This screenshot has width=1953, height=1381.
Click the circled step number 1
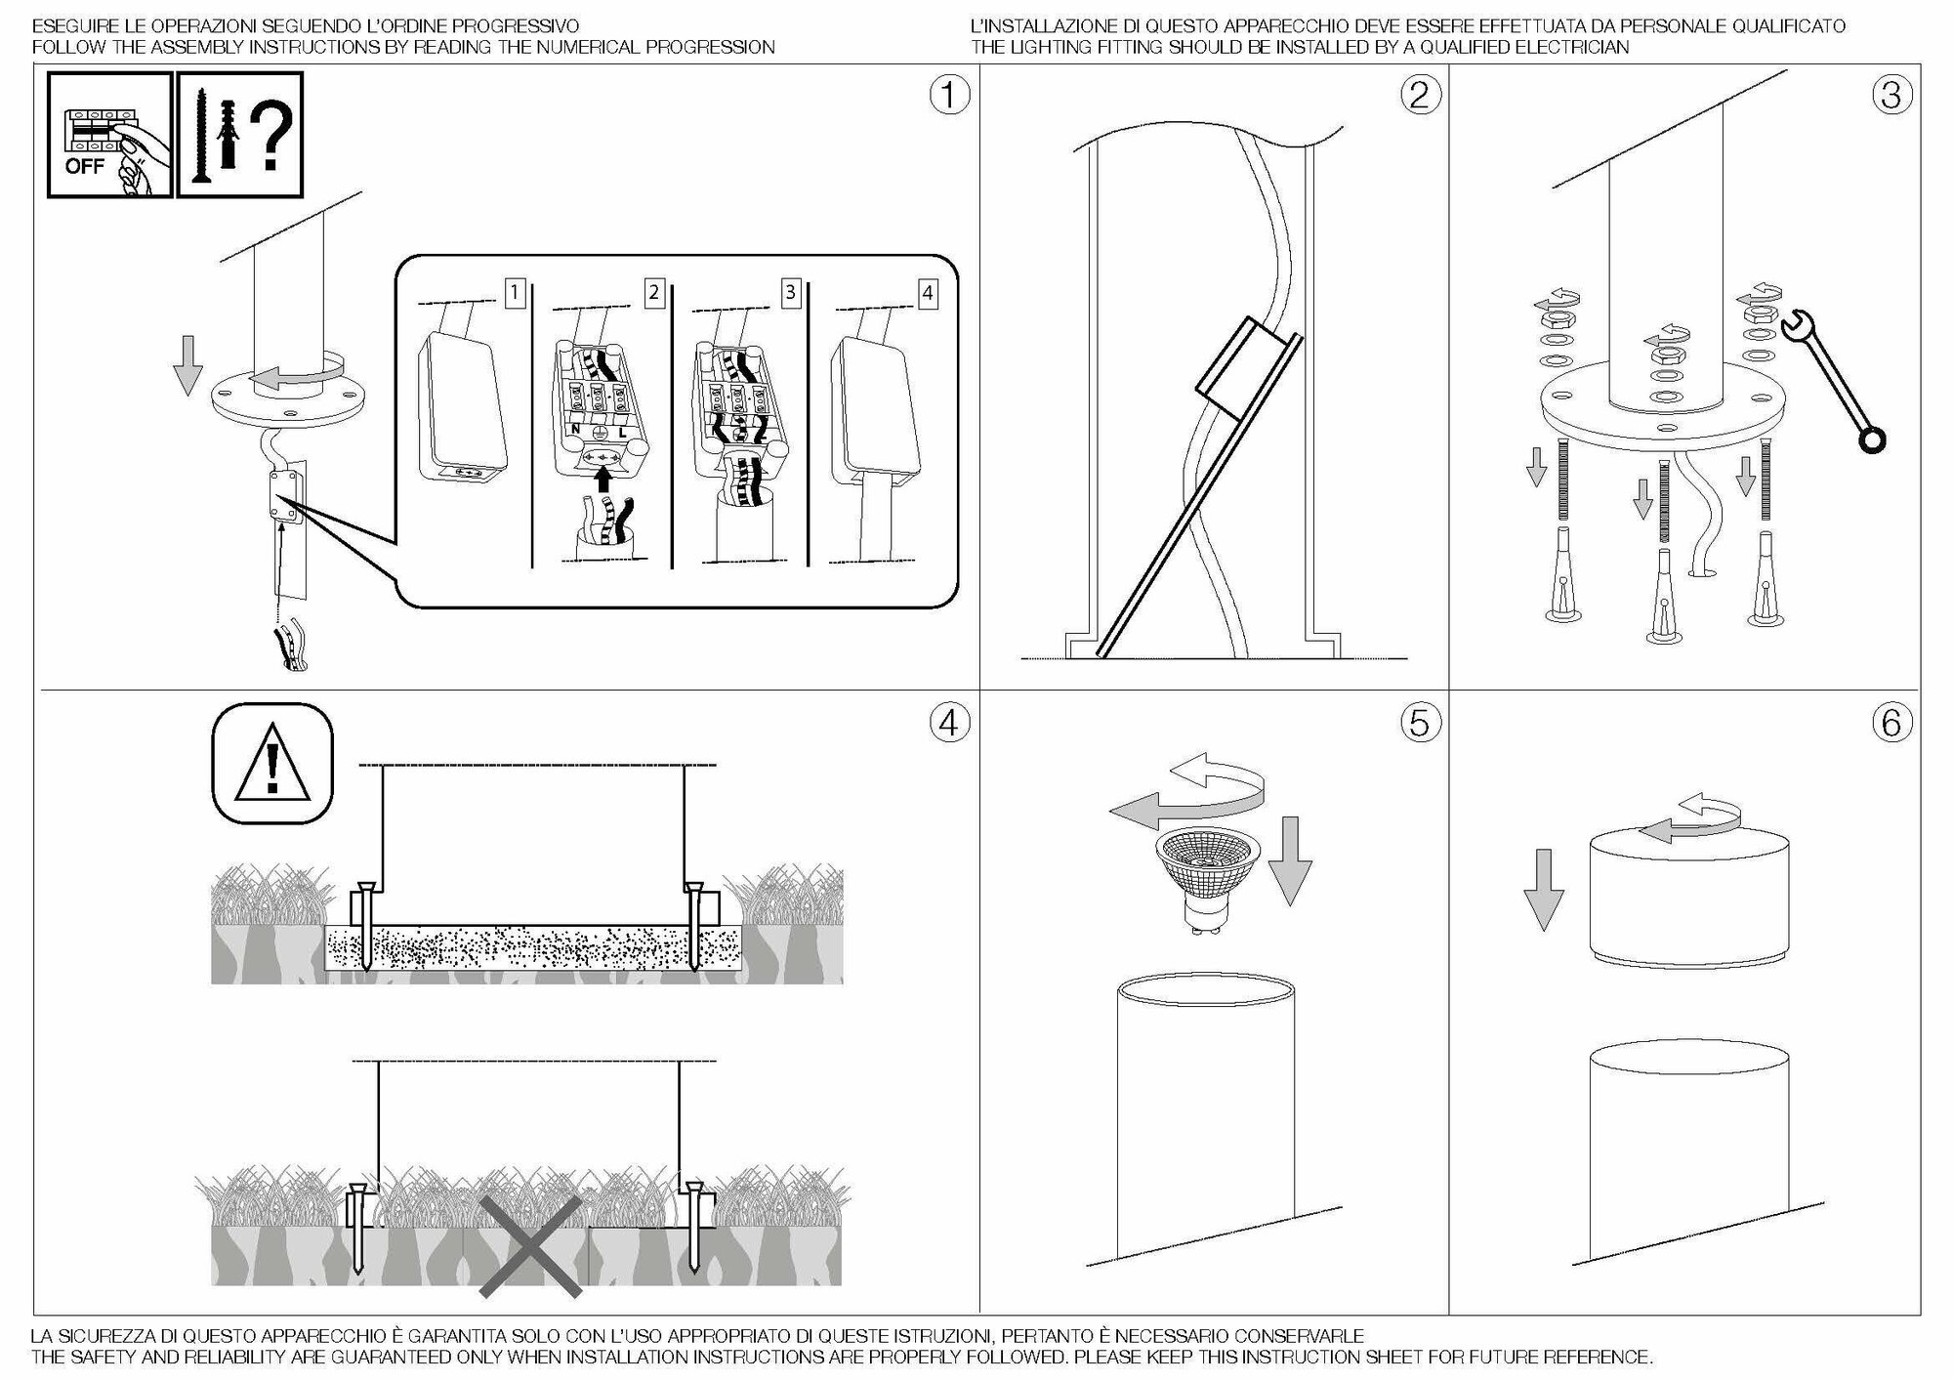[x=949, y=96]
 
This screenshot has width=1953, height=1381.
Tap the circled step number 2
[x=1420, y=96]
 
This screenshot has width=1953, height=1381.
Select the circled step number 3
[x=1891, y=96]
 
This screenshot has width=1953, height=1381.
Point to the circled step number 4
[x=949, y=723]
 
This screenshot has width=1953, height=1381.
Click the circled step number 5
[x=1420, y=723]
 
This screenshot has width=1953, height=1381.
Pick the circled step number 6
[x=1891, y=723]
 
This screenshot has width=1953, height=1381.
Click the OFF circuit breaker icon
[x=110, y=135]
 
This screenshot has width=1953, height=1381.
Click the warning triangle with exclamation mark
[x=272, y=764]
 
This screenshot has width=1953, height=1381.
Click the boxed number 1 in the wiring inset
[x=515, y=292]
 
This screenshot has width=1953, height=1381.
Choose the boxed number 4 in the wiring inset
[x=927, y=292]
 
